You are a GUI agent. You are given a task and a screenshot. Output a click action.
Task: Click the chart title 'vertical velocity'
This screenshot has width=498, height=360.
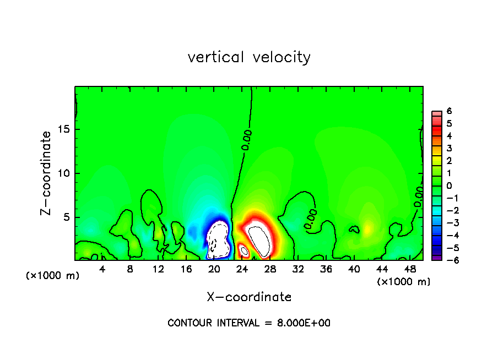(249, 57)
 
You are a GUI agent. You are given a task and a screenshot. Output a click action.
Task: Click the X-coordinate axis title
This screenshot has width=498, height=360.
(249, 297)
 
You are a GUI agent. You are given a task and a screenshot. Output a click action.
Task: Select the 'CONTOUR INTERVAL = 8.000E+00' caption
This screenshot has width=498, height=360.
(249, 323)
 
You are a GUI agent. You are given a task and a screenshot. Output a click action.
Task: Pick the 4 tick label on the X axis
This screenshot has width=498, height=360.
(102, 269)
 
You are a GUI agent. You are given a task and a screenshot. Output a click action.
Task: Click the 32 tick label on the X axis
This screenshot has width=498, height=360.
(298, 269)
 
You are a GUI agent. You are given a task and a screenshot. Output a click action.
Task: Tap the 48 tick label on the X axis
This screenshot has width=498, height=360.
(410, 269)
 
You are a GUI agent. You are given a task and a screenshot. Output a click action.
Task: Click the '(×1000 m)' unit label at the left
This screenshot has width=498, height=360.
(53, 276)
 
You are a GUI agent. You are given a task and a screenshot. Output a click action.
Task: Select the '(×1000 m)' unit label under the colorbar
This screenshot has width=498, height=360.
(404, 282)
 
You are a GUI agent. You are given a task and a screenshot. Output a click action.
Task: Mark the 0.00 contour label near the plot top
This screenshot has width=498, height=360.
(247, 139)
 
